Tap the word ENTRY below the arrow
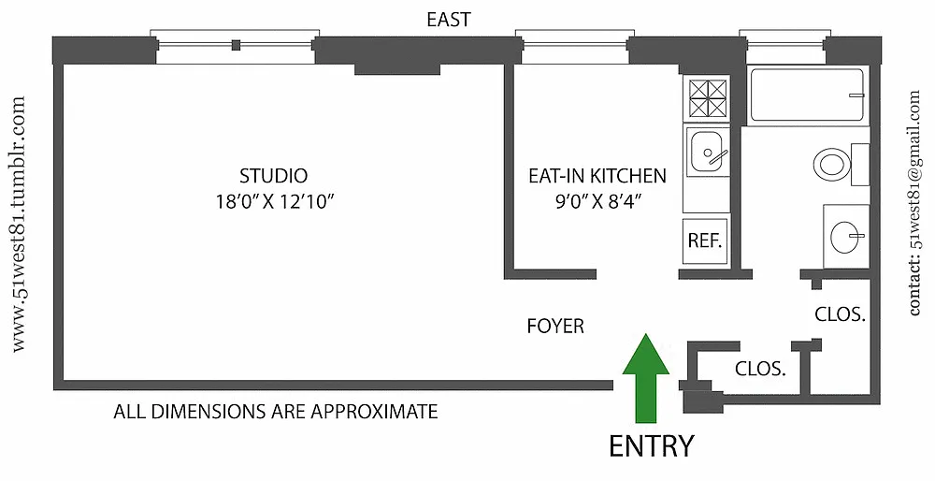[x=652, y=446]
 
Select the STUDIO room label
[x=274, y=175]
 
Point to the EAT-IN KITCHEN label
[x=597, y=175]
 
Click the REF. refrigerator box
[x=704, y=240]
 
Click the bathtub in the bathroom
[x=807, y=95]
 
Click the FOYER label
[x=555, y=327]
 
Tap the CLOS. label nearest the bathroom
[x=839, y=314]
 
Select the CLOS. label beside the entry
[x=758, y=369]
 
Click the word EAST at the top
[x=449, y=20]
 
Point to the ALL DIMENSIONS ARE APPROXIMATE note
[x=276, y=411]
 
